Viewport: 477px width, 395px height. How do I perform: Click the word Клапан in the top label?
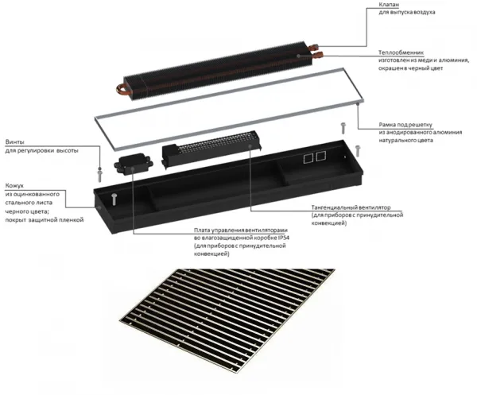pyautogui.click(x=389, y=5)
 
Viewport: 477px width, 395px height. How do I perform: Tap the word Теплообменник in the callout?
pyautogui.click(x=401, y=52)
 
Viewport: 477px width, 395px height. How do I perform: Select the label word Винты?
pyautogui.click(x=15, y=142)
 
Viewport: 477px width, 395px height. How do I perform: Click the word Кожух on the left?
pyautogui.click(x=14, y=185)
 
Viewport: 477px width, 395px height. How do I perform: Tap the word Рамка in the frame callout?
pyautogui.click(x=388, y=125)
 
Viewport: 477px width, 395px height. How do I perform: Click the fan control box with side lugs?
pyautogui.click(x=134, y=165)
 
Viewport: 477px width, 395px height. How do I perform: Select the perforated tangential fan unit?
pyautogui.click(x=212, y=149)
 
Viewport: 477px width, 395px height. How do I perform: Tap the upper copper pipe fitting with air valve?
pyautogui.click(x=313, y=48)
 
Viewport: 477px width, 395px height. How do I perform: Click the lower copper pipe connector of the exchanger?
pyautogui.click(x=317, y=56)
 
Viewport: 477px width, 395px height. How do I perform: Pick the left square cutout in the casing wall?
pyautogui.click(x=308, y=158)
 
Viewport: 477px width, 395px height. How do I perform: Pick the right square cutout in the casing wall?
pyautogui.click(x=321, y=156)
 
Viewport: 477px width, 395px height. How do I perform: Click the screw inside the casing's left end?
pyautogui.click(x=114, y=199)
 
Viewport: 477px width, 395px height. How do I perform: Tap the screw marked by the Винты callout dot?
pyautogui.click(x=100, y=175)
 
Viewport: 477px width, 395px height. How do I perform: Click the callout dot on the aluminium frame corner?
pyautogui.click(x=358, y=104)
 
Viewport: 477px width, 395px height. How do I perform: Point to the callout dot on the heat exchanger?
pyautogui.click(x=299, y=56)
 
